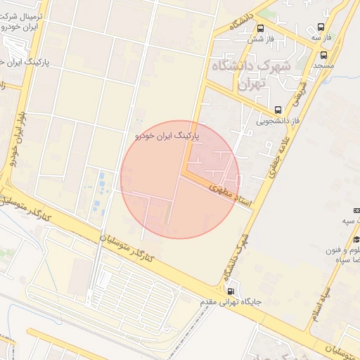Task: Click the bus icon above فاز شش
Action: pos(261,29)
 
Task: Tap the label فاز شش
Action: pos(261,39)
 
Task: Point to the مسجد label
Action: pos(323,65)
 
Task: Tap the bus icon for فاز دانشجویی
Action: pos(278,110)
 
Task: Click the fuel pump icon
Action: pos(231,291)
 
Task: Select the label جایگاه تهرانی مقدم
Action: pos(231,302)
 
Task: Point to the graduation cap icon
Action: pos(356,212)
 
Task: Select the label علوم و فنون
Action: pos(345,250)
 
